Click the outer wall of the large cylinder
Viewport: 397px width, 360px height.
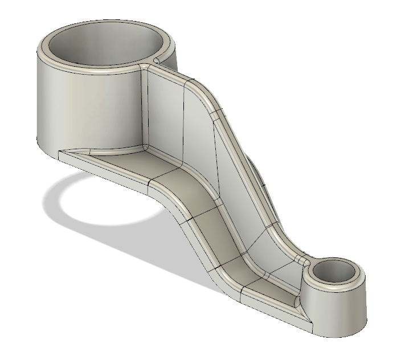85,108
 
